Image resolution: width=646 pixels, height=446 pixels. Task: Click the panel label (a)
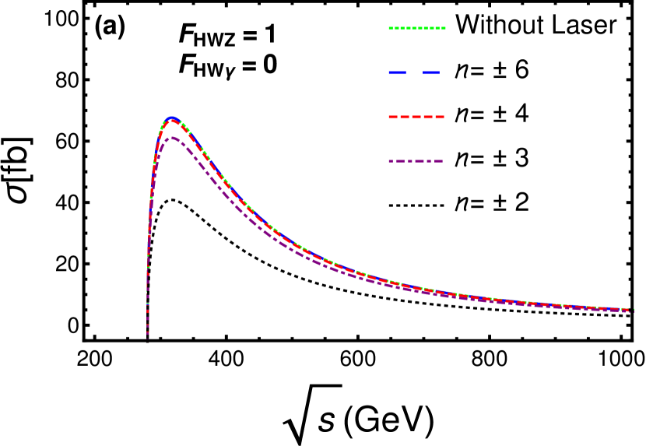point(110,26)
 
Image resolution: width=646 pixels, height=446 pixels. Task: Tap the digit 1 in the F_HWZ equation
point(269,35)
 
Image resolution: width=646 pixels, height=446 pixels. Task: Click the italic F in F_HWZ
point(186,35)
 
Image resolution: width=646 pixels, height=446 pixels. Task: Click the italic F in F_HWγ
point(186,65)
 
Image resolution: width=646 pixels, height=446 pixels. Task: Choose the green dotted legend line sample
point(416,29)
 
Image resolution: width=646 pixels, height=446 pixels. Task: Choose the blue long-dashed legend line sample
point(415,72)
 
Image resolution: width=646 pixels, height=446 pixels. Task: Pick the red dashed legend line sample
point(416,117)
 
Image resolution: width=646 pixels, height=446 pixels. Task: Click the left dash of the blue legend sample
point(398,72)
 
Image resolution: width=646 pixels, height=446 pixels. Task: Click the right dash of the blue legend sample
point(432,72)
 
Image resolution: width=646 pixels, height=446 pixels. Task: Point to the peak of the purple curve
point(172,138)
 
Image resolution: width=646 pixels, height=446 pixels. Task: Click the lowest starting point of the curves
point(148,339)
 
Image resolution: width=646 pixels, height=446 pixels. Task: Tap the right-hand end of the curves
point(631,310)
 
